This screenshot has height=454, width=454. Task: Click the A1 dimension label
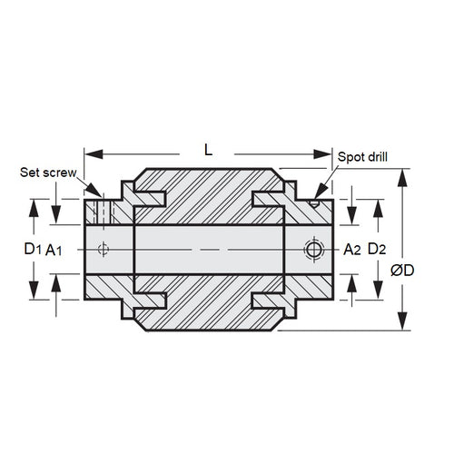[54, 249]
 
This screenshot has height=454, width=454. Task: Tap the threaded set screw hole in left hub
[104, 211]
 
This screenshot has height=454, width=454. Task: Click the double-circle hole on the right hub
[313, 249]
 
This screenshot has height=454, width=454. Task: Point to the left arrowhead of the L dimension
[89, 151]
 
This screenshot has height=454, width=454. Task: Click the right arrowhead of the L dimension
[328, 151]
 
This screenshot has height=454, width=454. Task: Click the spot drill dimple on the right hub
[314, 204]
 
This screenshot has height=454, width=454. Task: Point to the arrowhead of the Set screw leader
[97, 194]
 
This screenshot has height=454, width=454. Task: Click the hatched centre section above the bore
[210, 195]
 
